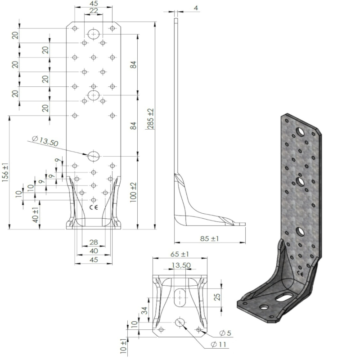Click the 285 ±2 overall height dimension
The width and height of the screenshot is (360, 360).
(x=151, y=119)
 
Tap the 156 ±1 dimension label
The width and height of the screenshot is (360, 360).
(x=5, y=172)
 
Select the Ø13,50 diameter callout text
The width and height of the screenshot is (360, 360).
(x=45, y=141)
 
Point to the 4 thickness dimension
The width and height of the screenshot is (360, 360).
(x=196, y=8)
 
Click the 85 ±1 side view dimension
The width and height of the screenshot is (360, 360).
(x=209, y=238)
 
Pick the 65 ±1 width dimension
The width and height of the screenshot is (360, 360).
(x=180, y=254)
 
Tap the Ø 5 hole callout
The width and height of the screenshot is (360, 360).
(x=225, y=333)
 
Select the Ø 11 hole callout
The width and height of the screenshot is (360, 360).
(x=218, y=344)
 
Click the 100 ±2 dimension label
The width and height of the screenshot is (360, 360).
(x=133, y=193)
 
